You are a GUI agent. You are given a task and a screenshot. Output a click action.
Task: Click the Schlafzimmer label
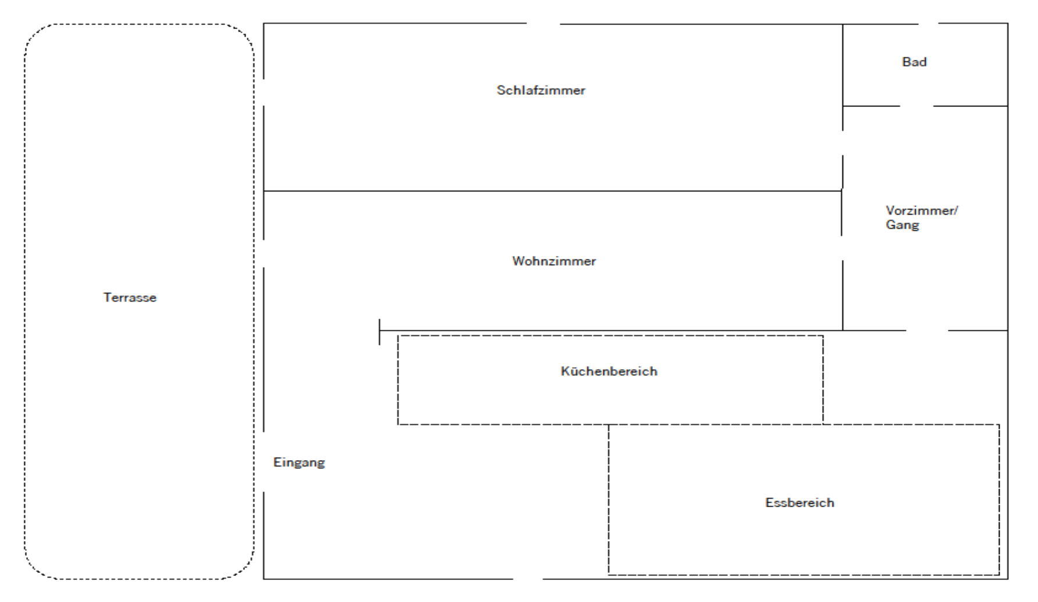tap(541, 90)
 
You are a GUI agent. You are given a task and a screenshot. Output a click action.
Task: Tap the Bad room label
tap(914, 62)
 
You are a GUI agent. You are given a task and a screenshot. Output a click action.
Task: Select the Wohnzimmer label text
tap(554, 261)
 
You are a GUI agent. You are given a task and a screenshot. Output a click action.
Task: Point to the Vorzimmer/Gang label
tap(921, 218)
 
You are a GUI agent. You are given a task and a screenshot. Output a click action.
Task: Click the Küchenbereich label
tap(609, 371)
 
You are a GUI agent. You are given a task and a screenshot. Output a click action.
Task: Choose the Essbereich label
tap(799, 503)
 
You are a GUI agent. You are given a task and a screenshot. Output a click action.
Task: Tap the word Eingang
tap(299, 462)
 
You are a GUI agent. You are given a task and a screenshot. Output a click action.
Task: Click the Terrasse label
tap(130, 298)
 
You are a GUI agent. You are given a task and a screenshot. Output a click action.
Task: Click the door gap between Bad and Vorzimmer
tap(916, 106)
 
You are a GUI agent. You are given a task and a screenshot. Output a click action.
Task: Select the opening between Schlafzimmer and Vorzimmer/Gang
tap(843, 143)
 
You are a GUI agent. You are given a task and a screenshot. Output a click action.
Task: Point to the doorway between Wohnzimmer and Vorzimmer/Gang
tap(842, 248)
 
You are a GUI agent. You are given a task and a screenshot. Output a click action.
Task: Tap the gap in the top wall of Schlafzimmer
tap(543, 24)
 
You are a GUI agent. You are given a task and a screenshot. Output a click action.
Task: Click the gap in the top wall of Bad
tap(929, 24)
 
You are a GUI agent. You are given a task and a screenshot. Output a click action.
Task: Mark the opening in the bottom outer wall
tap(527, 579)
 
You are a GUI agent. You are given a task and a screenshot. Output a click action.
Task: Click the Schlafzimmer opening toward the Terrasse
tap(264, 92)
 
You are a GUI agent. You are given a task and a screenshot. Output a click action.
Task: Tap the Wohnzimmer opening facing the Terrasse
tap(264, 254)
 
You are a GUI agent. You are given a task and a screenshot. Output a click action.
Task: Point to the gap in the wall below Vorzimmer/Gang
tap(927, 330)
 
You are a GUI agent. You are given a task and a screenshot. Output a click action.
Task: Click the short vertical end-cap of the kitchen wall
tap(379, 332)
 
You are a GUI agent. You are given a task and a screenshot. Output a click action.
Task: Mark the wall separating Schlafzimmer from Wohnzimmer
tap(553, 191)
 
